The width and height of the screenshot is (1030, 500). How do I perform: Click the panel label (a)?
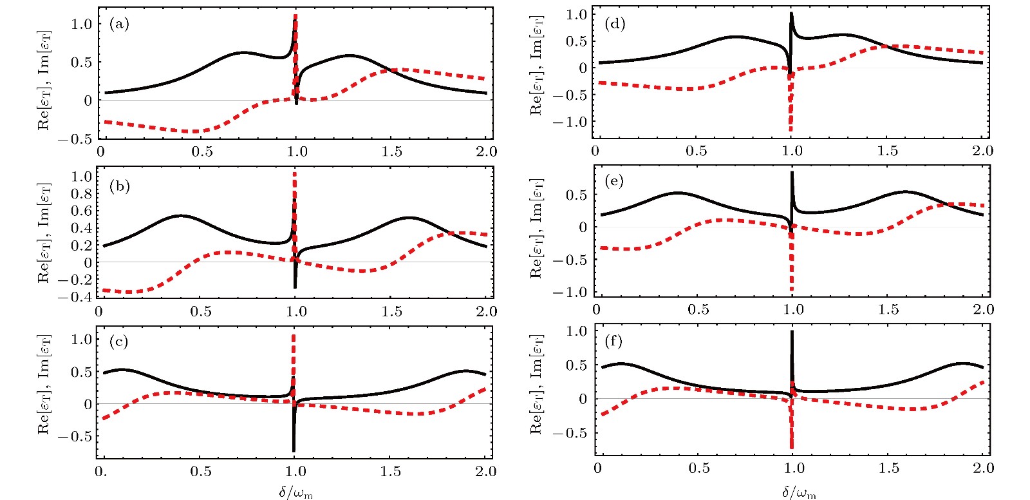click(x=119, y=24)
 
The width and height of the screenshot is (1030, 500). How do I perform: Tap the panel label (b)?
click(x=120, y=186)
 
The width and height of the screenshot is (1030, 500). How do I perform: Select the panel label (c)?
click(x=119, y=341)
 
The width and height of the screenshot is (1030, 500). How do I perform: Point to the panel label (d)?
click(x=615, y=24)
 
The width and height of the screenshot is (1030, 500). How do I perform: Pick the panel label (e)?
click(x=615, y=181)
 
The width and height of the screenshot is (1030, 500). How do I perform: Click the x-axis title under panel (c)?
click(x=295, y=492)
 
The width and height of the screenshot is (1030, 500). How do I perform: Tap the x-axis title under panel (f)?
click(x=799, y=493)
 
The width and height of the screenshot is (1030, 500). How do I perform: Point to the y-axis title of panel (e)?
click(x=536, y=228)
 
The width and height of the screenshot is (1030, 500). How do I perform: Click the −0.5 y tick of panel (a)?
click(x=75, y=139)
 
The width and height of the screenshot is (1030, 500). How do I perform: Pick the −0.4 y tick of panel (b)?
click(x=75, y=297)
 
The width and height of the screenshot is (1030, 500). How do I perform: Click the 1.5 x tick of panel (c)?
click(x=390, y=471)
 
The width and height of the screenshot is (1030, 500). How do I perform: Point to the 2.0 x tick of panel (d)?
click(x=982, y=151)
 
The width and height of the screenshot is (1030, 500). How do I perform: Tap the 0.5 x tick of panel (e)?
click(x=698, y=309)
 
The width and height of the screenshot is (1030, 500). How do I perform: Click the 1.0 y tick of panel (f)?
click(x=576, y=331)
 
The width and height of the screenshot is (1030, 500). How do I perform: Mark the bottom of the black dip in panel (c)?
click(x=294, y=450)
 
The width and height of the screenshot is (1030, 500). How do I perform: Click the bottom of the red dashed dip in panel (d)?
click(x=791, y=131)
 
